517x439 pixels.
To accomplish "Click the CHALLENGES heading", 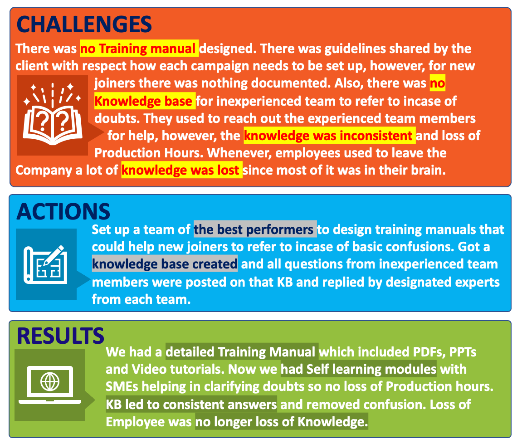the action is tap(84, 24).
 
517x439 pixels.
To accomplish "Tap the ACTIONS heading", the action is tap(63, 211).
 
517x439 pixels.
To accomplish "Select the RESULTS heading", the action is tap(60, 336).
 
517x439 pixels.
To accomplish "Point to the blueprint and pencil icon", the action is tap(45, 264).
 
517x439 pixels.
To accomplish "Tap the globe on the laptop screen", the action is tap(50, 381).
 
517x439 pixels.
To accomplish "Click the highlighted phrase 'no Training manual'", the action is tap(139, 49).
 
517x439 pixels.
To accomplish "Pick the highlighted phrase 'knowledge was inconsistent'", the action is tap(329, 136).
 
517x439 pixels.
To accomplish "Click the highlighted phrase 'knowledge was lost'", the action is tap(182, 170).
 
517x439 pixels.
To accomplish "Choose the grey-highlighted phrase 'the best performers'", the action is tap(255, 229).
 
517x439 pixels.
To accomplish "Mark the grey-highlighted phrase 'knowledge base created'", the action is tap(165, 264).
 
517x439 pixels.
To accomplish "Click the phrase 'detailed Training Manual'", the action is tap(242, 352).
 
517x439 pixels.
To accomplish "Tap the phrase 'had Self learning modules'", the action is tap(358, 369).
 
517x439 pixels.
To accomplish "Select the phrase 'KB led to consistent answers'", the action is tap(191, 405).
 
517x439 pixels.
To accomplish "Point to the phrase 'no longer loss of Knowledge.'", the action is tap(282, 421).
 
